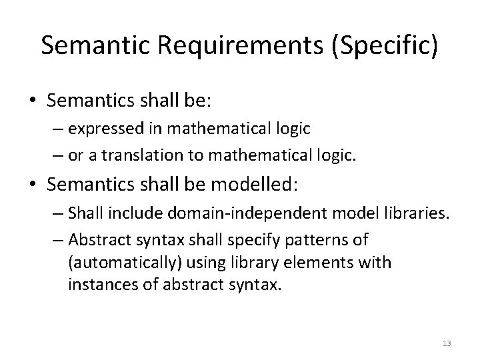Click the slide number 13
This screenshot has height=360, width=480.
point(446,343)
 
